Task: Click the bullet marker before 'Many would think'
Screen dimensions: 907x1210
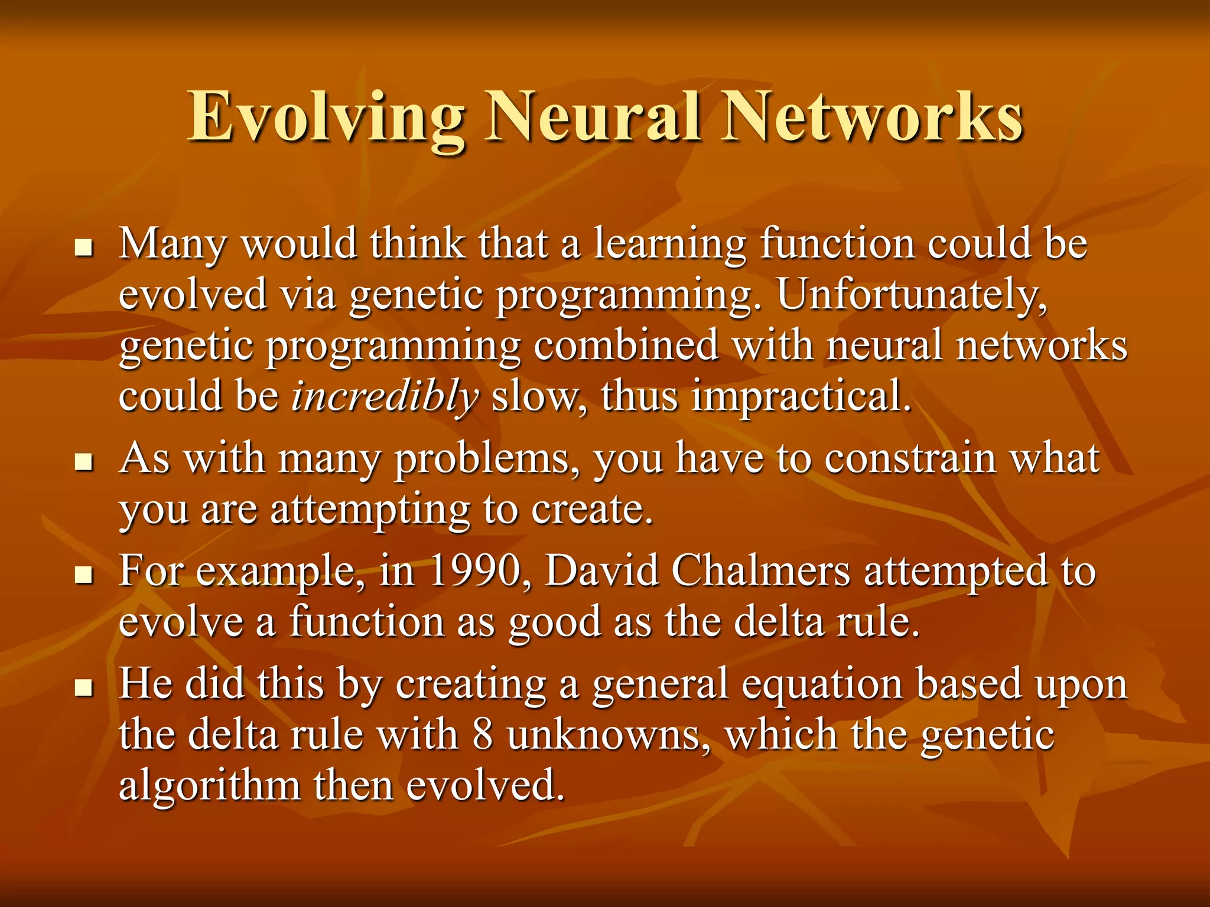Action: pos(84,248)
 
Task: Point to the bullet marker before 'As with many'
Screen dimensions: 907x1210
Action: pos(84,462)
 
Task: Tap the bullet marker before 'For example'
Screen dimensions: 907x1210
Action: pos(84,575)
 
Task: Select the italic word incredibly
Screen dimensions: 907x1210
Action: pos(385,396)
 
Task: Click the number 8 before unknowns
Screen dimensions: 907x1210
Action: pos(483,735)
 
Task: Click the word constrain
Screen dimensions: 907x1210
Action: pos(910,458)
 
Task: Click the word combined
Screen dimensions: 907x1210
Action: pos(626,345)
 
